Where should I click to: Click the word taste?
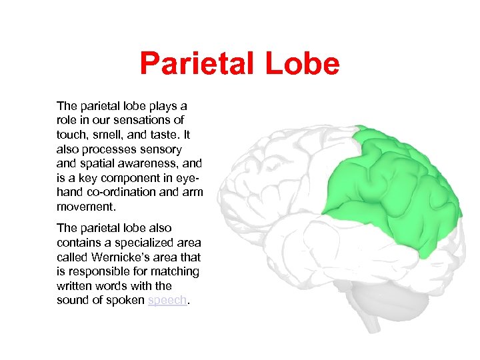[x=163, y=135]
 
